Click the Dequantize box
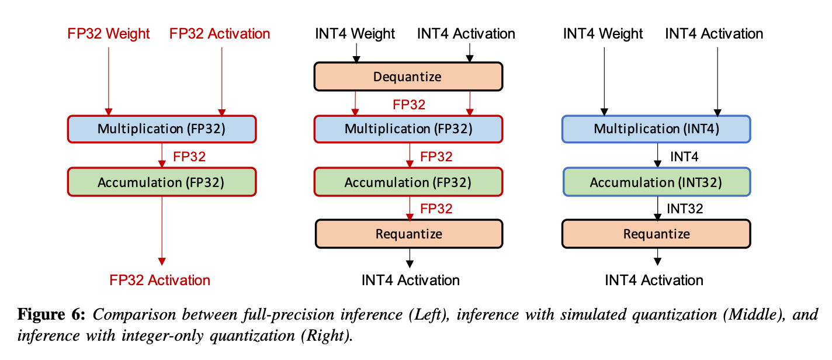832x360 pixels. (x=408, y=77)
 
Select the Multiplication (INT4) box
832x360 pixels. (x=656, y=129)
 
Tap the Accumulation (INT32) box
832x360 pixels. (x=656, y=182)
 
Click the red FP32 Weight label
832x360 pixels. (x=109, y=34)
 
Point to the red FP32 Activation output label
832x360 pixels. (x=160, y=280)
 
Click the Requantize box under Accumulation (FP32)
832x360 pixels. (x=408, y=234)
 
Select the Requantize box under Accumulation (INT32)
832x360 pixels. (x=656, y=234)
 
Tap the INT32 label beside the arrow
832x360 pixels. (x=685, y=209)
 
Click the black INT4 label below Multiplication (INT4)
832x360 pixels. (x=684, y=157)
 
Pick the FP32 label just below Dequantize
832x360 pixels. (x=409, y=105)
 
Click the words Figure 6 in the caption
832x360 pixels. (x=51, y=314)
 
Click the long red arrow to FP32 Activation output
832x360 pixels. (x=162, y=231)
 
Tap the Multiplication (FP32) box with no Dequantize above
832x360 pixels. (x=162, y=129)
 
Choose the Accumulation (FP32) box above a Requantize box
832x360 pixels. (x=408, y=182)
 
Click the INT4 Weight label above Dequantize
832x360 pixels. (x=355, y=34)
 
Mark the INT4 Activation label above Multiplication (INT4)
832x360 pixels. (x=714, y=34)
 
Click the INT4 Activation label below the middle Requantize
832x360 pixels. (x=410, y=280)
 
